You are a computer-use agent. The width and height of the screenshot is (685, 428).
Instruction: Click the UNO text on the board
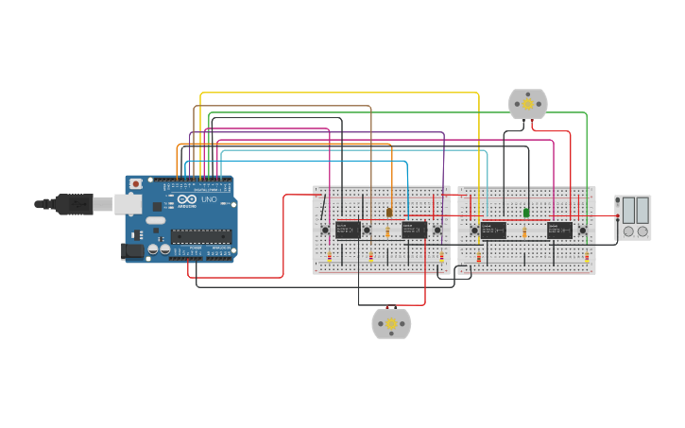[x=210, y=200]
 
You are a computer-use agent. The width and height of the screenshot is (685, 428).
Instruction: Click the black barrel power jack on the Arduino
[x=132, y=250]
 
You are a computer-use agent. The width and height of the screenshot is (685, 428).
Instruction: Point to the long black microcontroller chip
[x=200, y=236]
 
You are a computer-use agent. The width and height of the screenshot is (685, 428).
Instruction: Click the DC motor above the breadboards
[x=527, y=104]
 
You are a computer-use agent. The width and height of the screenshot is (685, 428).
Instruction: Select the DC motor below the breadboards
[x=391, y=323]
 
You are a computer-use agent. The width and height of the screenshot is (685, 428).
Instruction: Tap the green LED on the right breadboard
[x=526, y=212]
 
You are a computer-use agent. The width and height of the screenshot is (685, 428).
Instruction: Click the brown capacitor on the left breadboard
[x=389, y=212]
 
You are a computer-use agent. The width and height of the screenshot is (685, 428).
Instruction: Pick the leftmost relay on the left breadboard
[x=347, y=229]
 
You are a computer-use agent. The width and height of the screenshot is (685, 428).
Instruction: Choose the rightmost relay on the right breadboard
[x=559, y=230]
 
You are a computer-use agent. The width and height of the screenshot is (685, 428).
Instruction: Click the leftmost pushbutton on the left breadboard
[x=325, y=230]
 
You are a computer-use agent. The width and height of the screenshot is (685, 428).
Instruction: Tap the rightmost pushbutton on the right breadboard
[x=582, y=230]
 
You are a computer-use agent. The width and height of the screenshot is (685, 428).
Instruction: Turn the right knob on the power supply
[x=642, y=231]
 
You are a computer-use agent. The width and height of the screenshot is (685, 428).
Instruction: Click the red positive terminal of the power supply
[x=618, y=218]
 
